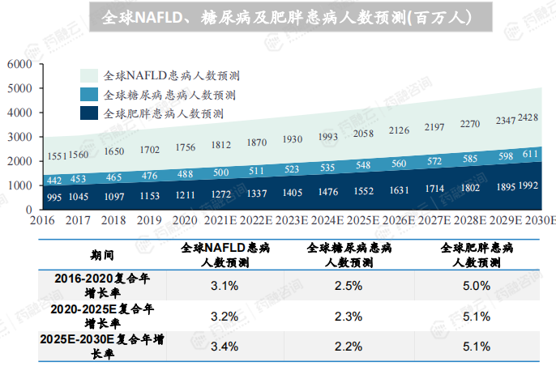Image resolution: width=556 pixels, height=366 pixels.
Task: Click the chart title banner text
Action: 278,17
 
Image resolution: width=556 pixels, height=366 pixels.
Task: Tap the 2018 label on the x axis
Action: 113,220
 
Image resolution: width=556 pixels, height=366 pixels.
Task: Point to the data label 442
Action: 53,180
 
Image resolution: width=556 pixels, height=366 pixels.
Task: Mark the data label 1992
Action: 528,186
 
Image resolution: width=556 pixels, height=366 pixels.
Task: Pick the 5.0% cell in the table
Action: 476,285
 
